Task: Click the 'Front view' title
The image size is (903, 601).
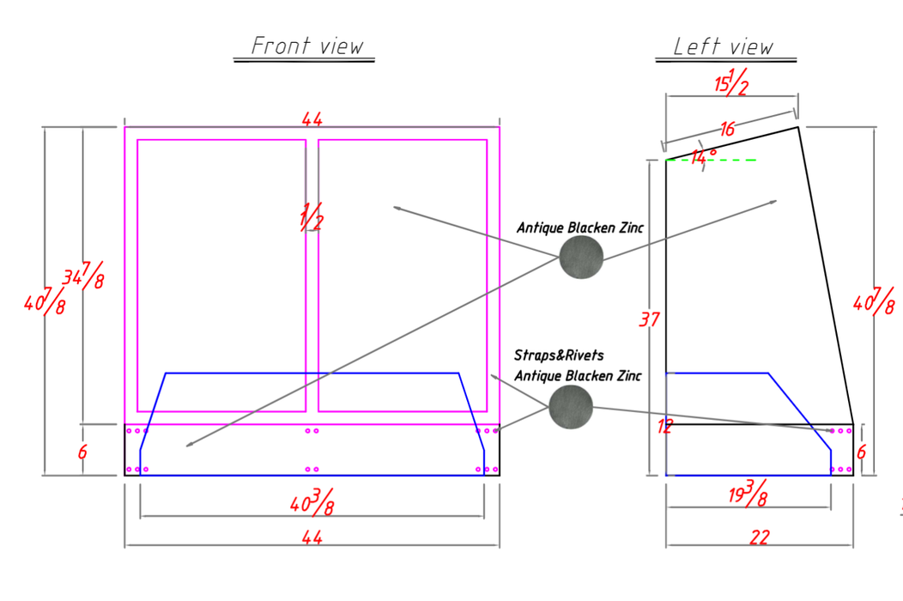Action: click(x=307, y=46)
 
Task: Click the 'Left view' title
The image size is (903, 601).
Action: click(x=723, y=46)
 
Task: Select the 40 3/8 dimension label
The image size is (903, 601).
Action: click(x=312, y=502)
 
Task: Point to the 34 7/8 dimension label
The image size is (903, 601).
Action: click(x=83, y=275)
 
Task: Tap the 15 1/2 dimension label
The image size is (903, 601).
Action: click(x=731, y=82)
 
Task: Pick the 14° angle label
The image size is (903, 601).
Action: click(x=704, y=156)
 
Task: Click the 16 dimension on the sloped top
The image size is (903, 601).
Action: click(x=727, y=129)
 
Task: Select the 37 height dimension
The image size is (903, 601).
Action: click(x=650, y=319)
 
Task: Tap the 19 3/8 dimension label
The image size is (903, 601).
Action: click(x=748, y=493)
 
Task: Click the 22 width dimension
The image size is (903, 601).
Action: click(x=760, y=537)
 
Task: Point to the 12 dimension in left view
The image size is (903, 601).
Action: click(x=665, y=427)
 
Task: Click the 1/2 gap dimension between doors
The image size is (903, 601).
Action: click(x=311, y=216)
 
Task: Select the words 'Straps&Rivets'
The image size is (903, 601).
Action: click(x=559, y=355)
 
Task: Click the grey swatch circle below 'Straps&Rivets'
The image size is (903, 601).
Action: click(x=571, y=407)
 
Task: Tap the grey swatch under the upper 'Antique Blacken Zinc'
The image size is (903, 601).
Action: click(x=581, y=257)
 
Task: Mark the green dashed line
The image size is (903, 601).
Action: click(x=711, y=161)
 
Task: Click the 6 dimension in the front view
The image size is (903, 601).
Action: click(x=82, y=452)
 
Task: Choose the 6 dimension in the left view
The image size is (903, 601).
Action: click(x=861, y=452)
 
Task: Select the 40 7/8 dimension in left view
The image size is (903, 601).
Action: click(x=874, y=301)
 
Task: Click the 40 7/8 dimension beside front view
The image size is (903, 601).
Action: click(x=45, y=301)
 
